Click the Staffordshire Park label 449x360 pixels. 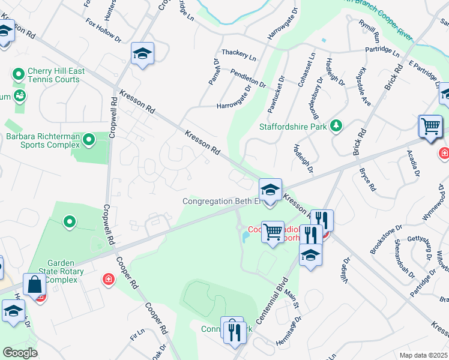pos(292,127)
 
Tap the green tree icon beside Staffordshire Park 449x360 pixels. pos(337,125)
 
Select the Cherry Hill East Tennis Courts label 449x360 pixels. pos(54,75)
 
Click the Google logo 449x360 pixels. pos(20,353)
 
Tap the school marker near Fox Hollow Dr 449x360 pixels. pos(143,54)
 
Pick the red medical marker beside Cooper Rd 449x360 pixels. pos(109,278)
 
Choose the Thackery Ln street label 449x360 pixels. pos(239,53)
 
